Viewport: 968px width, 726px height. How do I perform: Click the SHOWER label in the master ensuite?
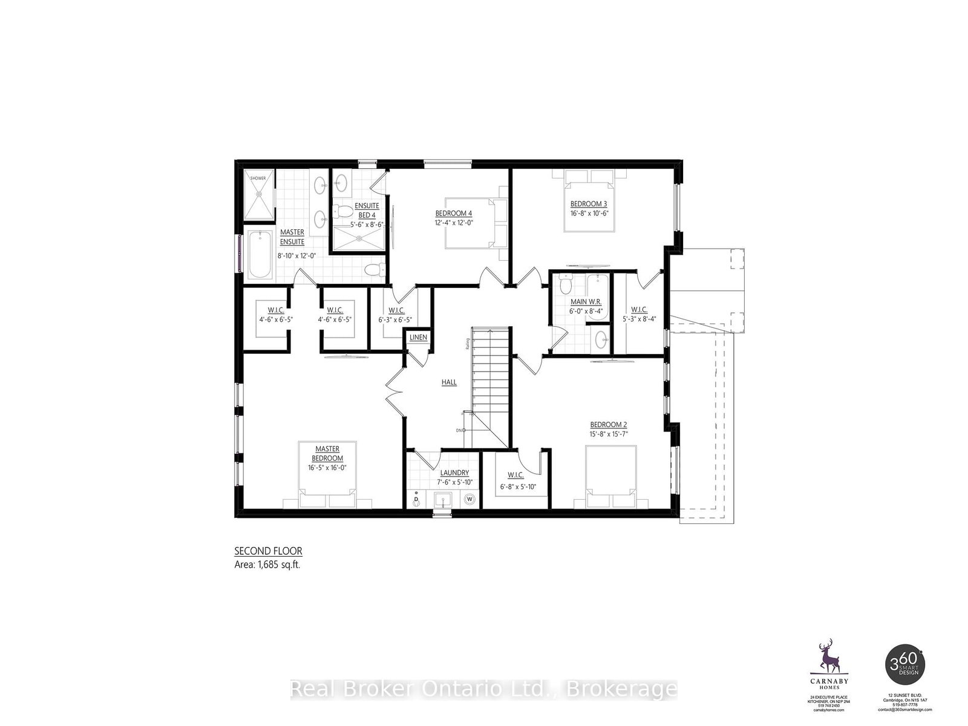(x=258, y=178)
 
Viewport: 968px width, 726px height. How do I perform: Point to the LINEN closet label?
(x=418, y=338)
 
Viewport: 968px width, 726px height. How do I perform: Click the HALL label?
(x=449, y=382)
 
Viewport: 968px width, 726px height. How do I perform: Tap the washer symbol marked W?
(x=470, y=500)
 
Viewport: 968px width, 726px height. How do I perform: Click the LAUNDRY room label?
(x=454, y=473)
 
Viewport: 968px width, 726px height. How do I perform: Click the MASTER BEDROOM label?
(x=327, y=454)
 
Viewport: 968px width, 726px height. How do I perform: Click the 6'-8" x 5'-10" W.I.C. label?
(x=518, y=487)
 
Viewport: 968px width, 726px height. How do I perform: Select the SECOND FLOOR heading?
(x=268, y=551)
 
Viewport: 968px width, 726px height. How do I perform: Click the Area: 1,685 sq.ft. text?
(x=267, y=564)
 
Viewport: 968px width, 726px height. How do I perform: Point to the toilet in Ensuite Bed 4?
(x=344, y=212)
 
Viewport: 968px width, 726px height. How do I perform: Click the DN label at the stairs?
(x=460, y=431)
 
